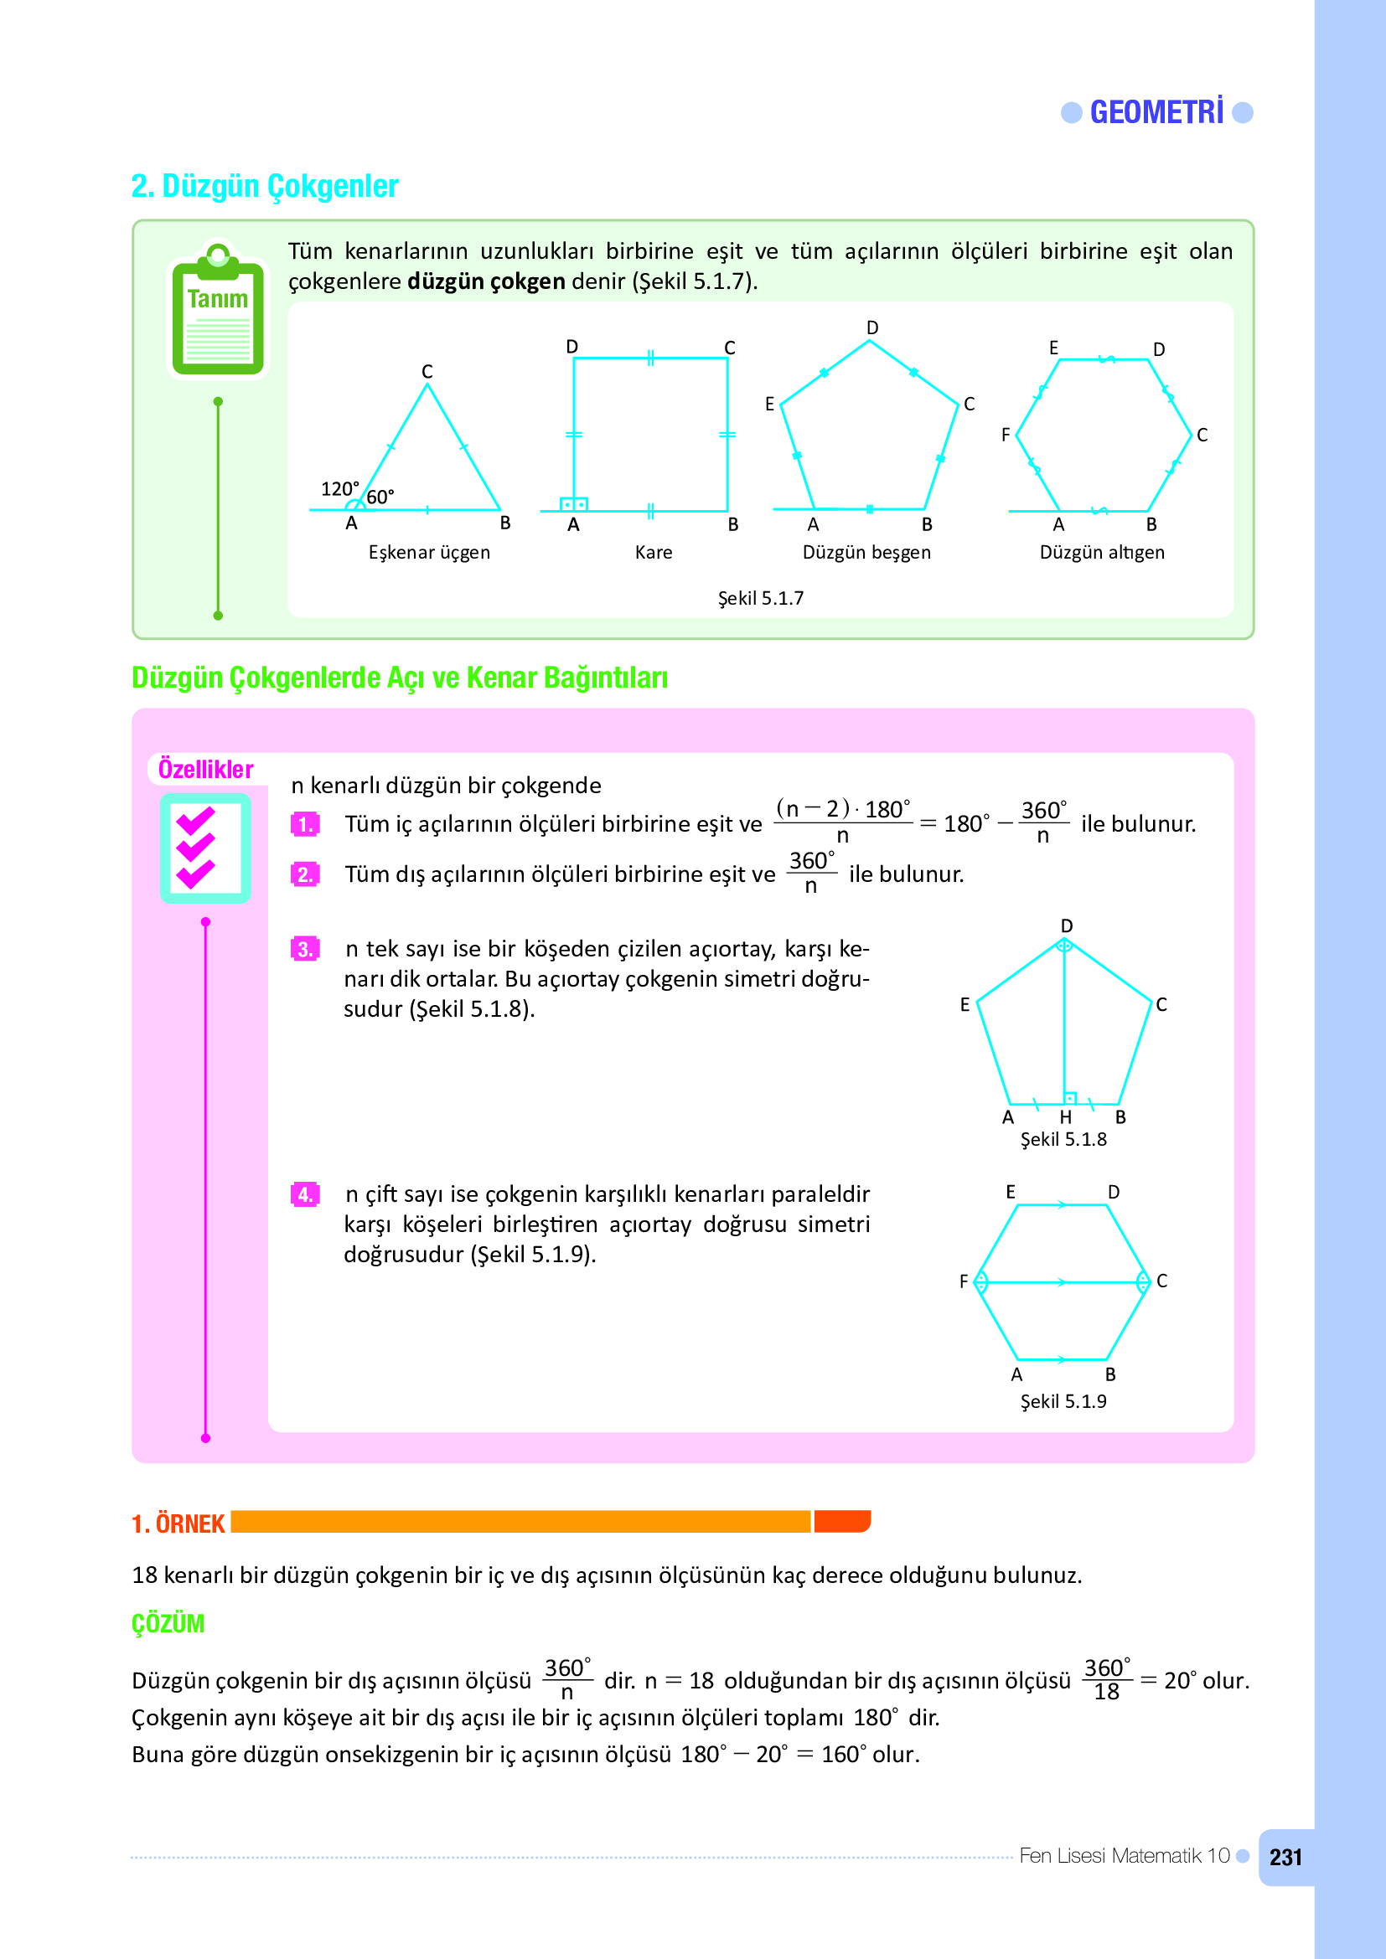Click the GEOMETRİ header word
(1156, 112)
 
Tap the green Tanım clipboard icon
(219, 312)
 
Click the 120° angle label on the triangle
(339, 490)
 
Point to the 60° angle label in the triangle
(380, 497)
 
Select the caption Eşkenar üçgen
(429, 553)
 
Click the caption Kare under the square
(654, 553)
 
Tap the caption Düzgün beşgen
(866, 553)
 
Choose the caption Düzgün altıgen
(1102, 553)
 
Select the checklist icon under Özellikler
(204, 848)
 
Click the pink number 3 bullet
(305, 949)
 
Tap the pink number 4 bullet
(305, 1194)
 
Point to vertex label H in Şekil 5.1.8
(1065, 1118)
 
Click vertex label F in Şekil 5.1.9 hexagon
(964, 1281)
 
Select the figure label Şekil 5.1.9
(1063, 1401)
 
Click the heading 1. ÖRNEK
(178, 1523)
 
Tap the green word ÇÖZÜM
(168, 1624)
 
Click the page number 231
(1285, 1858)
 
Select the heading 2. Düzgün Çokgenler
(265, 186)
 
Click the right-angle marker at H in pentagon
(1070, 1098)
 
